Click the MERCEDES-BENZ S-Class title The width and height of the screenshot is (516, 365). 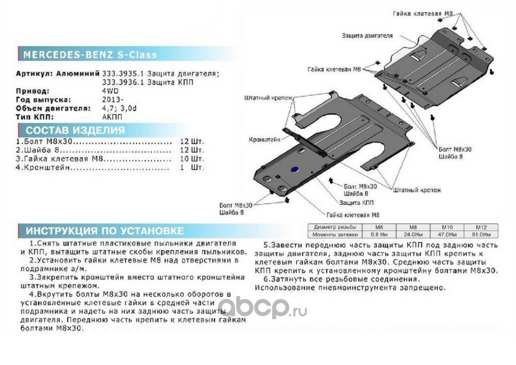coord(90,55)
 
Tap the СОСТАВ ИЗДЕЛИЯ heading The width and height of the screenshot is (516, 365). coord(75,130)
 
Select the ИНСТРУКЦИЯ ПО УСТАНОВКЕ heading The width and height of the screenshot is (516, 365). coord(105,230)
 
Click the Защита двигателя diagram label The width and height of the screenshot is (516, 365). coord(367,35)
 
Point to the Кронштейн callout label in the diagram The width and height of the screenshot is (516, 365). coord(264,140)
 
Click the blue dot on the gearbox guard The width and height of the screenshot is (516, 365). coord(294,170)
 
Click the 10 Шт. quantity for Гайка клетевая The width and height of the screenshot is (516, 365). coord(191,159)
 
